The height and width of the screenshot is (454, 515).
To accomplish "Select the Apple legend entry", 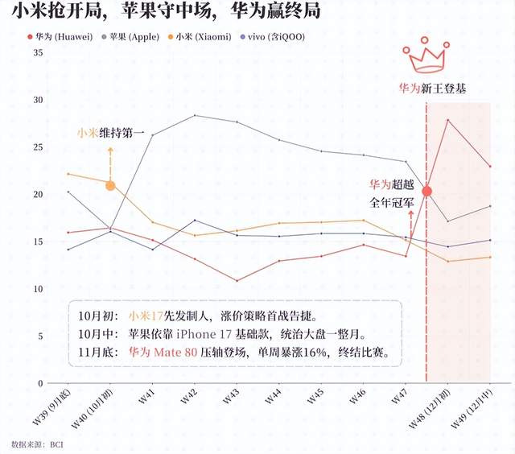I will coord(134,37).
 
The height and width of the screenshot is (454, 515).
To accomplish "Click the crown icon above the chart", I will coord(426,59).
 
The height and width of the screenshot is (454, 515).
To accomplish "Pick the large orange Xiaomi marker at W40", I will coord(110,185).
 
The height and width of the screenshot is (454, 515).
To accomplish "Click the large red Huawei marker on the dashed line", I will coord(427,191).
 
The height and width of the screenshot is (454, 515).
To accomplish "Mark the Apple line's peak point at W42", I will coord(195,115).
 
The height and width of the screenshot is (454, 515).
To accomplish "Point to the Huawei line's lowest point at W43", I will coord(237,281).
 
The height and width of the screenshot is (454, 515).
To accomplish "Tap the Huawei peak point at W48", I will coord(448,120).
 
